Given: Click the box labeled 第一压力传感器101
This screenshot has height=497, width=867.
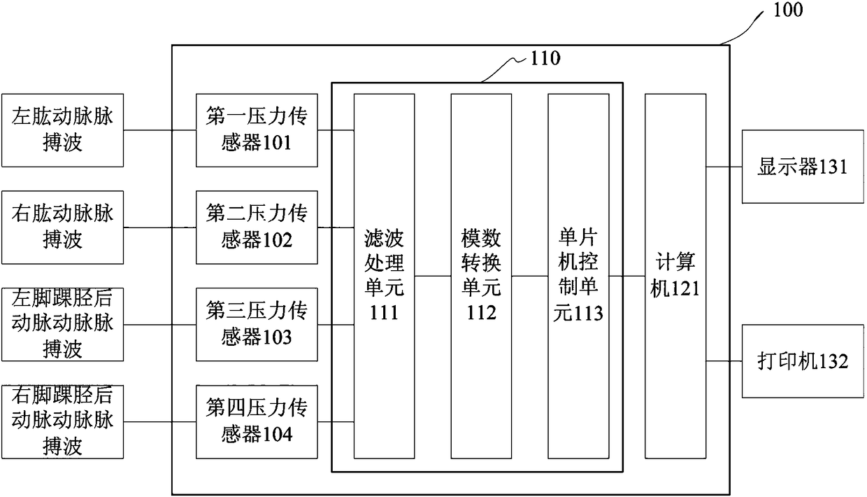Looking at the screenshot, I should pos(257,130).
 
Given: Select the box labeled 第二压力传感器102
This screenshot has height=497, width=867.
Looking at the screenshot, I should pos(257,227).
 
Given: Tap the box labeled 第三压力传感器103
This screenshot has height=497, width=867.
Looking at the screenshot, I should pos(257,324).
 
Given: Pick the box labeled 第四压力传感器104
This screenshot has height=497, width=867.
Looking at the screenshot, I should pos(257,421).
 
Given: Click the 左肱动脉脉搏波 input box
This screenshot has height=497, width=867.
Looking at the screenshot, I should pos(62,130).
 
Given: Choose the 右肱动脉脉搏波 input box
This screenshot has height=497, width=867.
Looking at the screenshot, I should pos(62,227).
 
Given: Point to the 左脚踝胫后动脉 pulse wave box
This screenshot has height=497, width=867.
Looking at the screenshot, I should pos(62,324).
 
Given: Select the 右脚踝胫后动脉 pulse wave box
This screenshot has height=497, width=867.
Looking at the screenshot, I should pos(62,421).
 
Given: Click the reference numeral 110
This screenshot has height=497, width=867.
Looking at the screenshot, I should pos(545,58).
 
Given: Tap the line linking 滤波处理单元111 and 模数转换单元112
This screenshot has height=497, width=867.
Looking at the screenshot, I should pos(432,276).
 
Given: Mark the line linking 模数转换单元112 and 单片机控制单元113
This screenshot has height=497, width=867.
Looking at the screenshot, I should pos(529,276).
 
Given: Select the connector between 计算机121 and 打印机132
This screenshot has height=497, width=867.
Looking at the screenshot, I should pos(724,362).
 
